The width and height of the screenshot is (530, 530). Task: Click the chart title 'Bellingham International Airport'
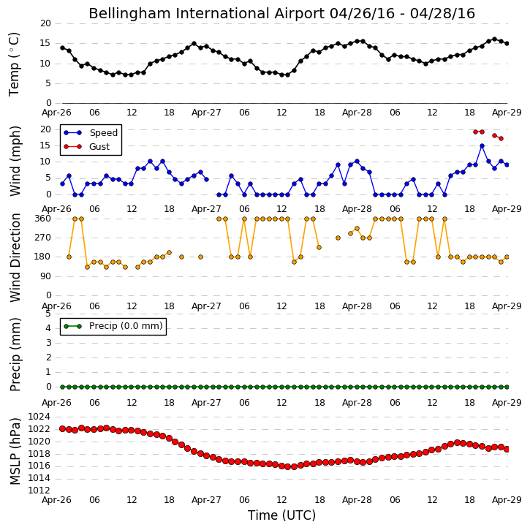pyautogui.click(x=207, y=14)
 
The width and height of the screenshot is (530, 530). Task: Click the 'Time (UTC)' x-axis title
pyautogui.click(x=281, y=515)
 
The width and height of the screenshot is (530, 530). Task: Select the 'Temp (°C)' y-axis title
pyautogui.click(x=14, y=64)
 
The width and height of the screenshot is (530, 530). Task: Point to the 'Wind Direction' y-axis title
pyautogui.click(x=15, y=258)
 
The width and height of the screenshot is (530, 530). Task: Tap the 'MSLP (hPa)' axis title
pyautogui.click(x=15, y=451)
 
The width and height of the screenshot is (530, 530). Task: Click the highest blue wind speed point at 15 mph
pyautogui.click(x=482, y=146)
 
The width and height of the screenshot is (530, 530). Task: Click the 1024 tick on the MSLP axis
pyautogui.click(x=39, y=417)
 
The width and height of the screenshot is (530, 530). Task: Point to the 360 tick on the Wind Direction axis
pyautogui.click(x=43, y=219)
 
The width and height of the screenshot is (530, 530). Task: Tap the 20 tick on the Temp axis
pyautogui.click(x=45, y=23)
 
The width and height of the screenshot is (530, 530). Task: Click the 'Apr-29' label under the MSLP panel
pyautogui.click(x=507, y=500)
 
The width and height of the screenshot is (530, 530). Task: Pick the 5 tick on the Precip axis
pyautogui.click(x=48, y=314)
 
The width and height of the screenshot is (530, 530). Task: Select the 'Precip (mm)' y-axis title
pyautogui.click(x=15, y=355)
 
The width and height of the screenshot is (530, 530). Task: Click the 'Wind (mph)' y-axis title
pyautogui.click(x=15, y=161)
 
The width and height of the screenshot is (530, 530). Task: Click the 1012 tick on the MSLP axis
pyautogui.click(x=39, y=491)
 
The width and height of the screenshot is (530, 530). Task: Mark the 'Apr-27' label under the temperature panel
pyautogui.click(x=206, y=113)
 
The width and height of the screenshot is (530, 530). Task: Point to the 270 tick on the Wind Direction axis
pyautogui.click(x=43, y=238)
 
